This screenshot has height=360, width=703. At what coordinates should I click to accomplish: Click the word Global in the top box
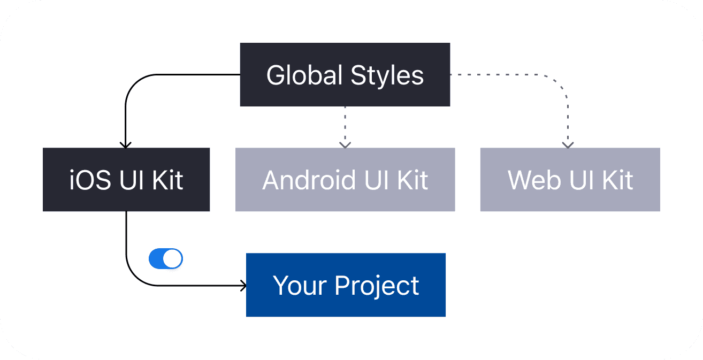pos(304,75)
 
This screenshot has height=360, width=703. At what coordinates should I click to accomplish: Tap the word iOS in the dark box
pos(90,180)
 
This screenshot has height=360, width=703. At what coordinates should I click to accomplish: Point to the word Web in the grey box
pos(534,180)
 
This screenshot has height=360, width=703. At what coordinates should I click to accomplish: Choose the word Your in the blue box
pos(300,285)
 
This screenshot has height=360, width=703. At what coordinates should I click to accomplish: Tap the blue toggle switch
pos(166,258)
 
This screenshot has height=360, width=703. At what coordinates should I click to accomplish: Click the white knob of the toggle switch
pos(172,258)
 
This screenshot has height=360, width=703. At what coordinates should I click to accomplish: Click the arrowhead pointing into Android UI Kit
pos(345,145)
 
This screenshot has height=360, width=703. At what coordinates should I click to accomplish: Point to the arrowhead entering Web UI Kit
pos(568,145)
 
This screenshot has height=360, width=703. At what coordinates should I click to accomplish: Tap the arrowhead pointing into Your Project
pos(243,286)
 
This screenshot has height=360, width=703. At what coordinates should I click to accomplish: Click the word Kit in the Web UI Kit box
pos(617,180)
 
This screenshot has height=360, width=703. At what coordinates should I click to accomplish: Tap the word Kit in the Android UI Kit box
pos(412,180)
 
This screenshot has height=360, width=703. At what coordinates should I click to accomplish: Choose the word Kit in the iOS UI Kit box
pos(167,180)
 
